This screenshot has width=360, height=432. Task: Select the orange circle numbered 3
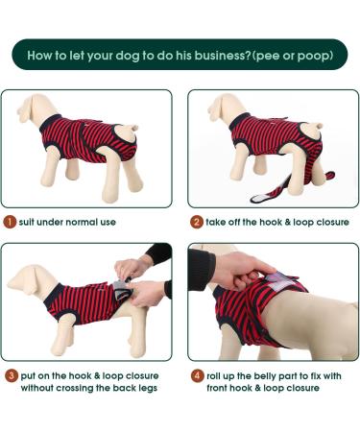11,374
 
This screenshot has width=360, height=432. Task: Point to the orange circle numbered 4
196,374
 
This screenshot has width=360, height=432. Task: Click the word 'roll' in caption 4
216,374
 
